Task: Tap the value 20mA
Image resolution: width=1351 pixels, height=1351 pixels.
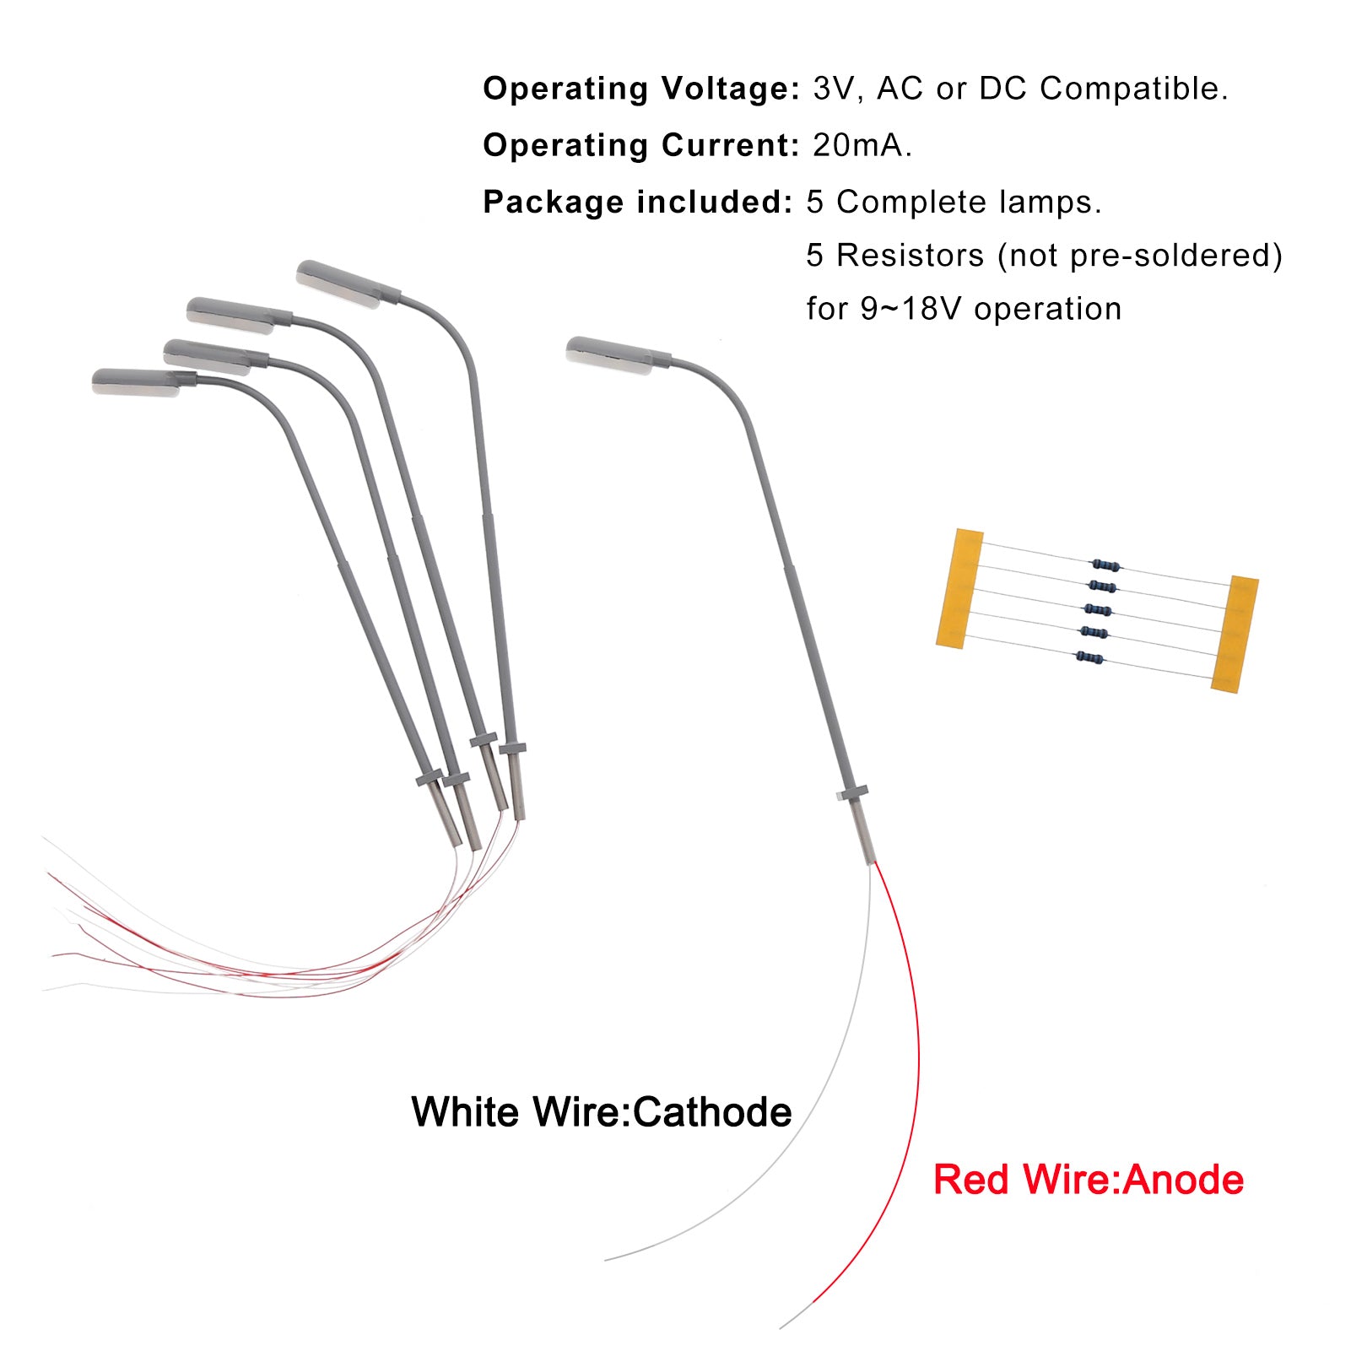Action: (862, 145)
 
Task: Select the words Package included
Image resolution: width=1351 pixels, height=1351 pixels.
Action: (637, 203)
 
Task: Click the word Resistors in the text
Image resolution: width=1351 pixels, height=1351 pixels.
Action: (910, 255)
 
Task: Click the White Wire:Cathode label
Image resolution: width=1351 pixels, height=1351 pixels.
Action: (601, 1111)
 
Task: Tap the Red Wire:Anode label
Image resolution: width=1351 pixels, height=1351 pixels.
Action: (1088, 1179)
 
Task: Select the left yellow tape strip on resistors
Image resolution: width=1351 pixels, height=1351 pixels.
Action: (959, 589)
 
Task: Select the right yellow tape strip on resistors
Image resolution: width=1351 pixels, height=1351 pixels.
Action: (1235, 634)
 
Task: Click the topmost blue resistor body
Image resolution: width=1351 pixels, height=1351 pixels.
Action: (1105, 565)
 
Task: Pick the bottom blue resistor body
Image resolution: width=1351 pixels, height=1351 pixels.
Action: (1089, 657)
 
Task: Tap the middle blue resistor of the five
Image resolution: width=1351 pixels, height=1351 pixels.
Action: (1097, 610)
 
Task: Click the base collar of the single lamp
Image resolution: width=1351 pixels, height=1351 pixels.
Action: (851, 793)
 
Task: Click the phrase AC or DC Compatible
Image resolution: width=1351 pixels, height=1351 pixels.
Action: (1052, 89)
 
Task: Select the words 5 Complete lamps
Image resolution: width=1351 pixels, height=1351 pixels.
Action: (954, 203)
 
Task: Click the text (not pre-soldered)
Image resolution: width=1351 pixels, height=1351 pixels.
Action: (1139, 255)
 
